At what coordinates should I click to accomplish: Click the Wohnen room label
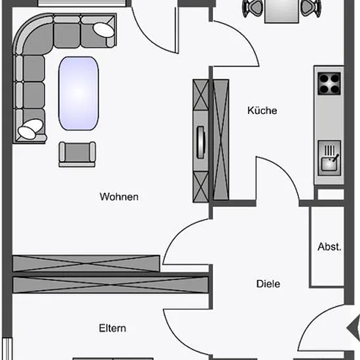click(x=119, y=197)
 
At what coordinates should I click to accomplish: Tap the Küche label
click(x=262, y=111)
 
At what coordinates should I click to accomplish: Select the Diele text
click(x=268, y=284)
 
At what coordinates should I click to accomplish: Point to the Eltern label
click(x=113, y=328)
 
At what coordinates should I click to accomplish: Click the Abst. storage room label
click(x=329, y=247)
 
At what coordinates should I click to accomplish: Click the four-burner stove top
click(x=329, y=84)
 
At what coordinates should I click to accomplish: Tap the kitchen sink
click(x=329, y=158)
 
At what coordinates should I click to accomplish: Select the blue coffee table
click(x=79, y=93)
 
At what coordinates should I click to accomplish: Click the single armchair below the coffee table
click(x=77, y=154)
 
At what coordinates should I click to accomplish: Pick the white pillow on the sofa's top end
click(x=103, y=29)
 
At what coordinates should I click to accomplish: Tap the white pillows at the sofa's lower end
click(x=30, y=129)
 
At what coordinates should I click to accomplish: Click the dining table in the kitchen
click(x=281, y=11)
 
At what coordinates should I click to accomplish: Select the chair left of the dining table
click(x=253, y=9)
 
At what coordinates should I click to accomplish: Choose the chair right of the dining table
click(x=311, y=9)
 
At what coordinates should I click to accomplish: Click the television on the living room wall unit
click(x=201, y=142)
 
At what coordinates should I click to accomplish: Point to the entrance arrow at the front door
click(x=353, y=328)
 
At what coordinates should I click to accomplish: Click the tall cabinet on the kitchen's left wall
click(x=221, y=140)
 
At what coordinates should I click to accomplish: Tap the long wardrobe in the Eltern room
click(x=111, y=285)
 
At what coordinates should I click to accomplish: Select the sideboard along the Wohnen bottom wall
click(x=86, y=263)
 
